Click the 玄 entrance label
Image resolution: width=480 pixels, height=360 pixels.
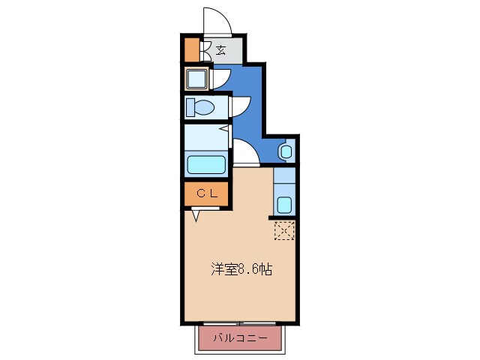(221, 50)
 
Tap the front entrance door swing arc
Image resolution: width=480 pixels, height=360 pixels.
(215, 20)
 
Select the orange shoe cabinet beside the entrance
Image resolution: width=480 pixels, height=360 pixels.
(192, 50)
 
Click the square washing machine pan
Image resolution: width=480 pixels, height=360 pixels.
(198, 79)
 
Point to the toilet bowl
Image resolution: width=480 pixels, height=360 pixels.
(200, 107)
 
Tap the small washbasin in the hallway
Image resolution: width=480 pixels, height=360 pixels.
(285, 151)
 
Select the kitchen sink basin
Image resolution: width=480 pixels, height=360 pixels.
(284, 203)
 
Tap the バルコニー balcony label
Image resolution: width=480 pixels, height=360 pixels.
(241, 337)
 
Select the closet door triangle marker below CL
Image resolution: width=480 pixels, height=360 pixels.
(196, 216)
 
